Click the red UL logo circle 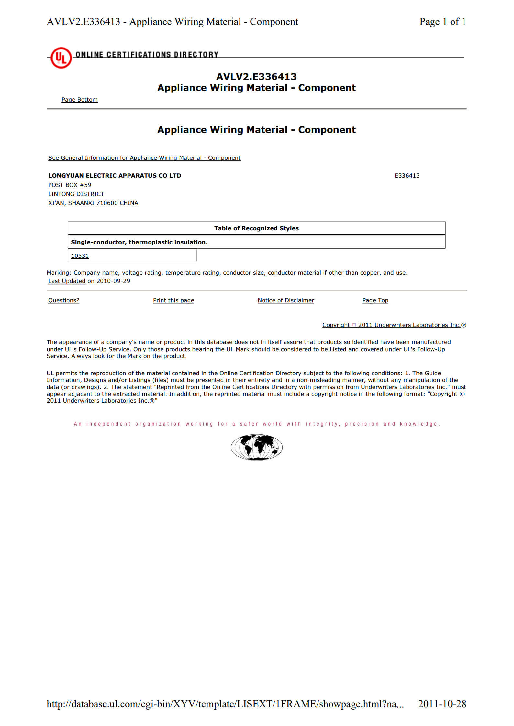point(61,58)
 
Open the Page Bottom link point(80,100)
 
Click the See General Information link point(144,158)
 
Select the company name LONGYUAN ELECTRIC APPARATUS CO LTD point(115,176)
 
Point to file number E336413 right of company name point(407,176)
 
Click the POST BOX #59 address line point(70,185)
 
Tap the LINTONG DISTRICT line point(76,194)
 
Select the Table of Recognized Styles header point(256,228)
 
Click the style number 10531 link point(80,256)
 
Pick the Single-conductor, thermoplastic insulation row point(139,242)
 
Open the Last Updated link point(67,281)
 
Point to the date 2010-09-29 point(113,281)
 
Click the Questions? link point(64,300)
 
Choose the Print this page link point(173,300)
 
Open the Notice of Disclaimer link point(286,300)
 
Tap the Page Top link point(375,300)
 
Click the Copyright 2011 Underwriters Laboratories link point(392,325)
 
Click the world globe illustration point(256,447)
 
